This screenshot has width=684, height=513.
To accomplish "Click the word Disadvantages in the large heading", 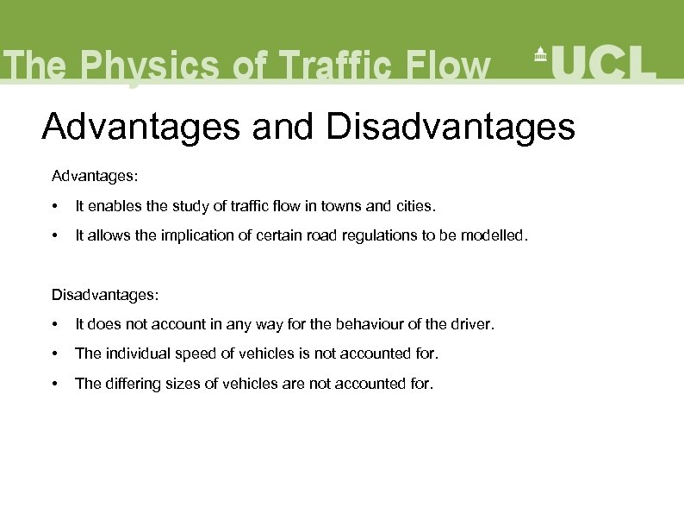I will (450, 127).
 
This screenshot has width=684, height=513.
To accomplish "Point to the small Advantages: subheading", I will (95, 176).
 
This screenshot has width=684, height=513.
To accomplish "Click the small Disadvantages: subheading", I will (105, 295).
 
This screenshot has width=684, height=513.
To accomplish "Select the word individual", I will (135, 353).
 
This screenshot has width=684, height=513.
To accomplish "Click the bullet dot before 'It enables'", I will (55, 207).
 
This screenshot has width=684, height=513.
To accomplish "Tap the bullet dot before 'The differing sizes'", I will (55, 384).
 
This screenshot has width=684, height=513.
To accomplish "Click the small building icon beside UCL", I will (541, 53).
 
